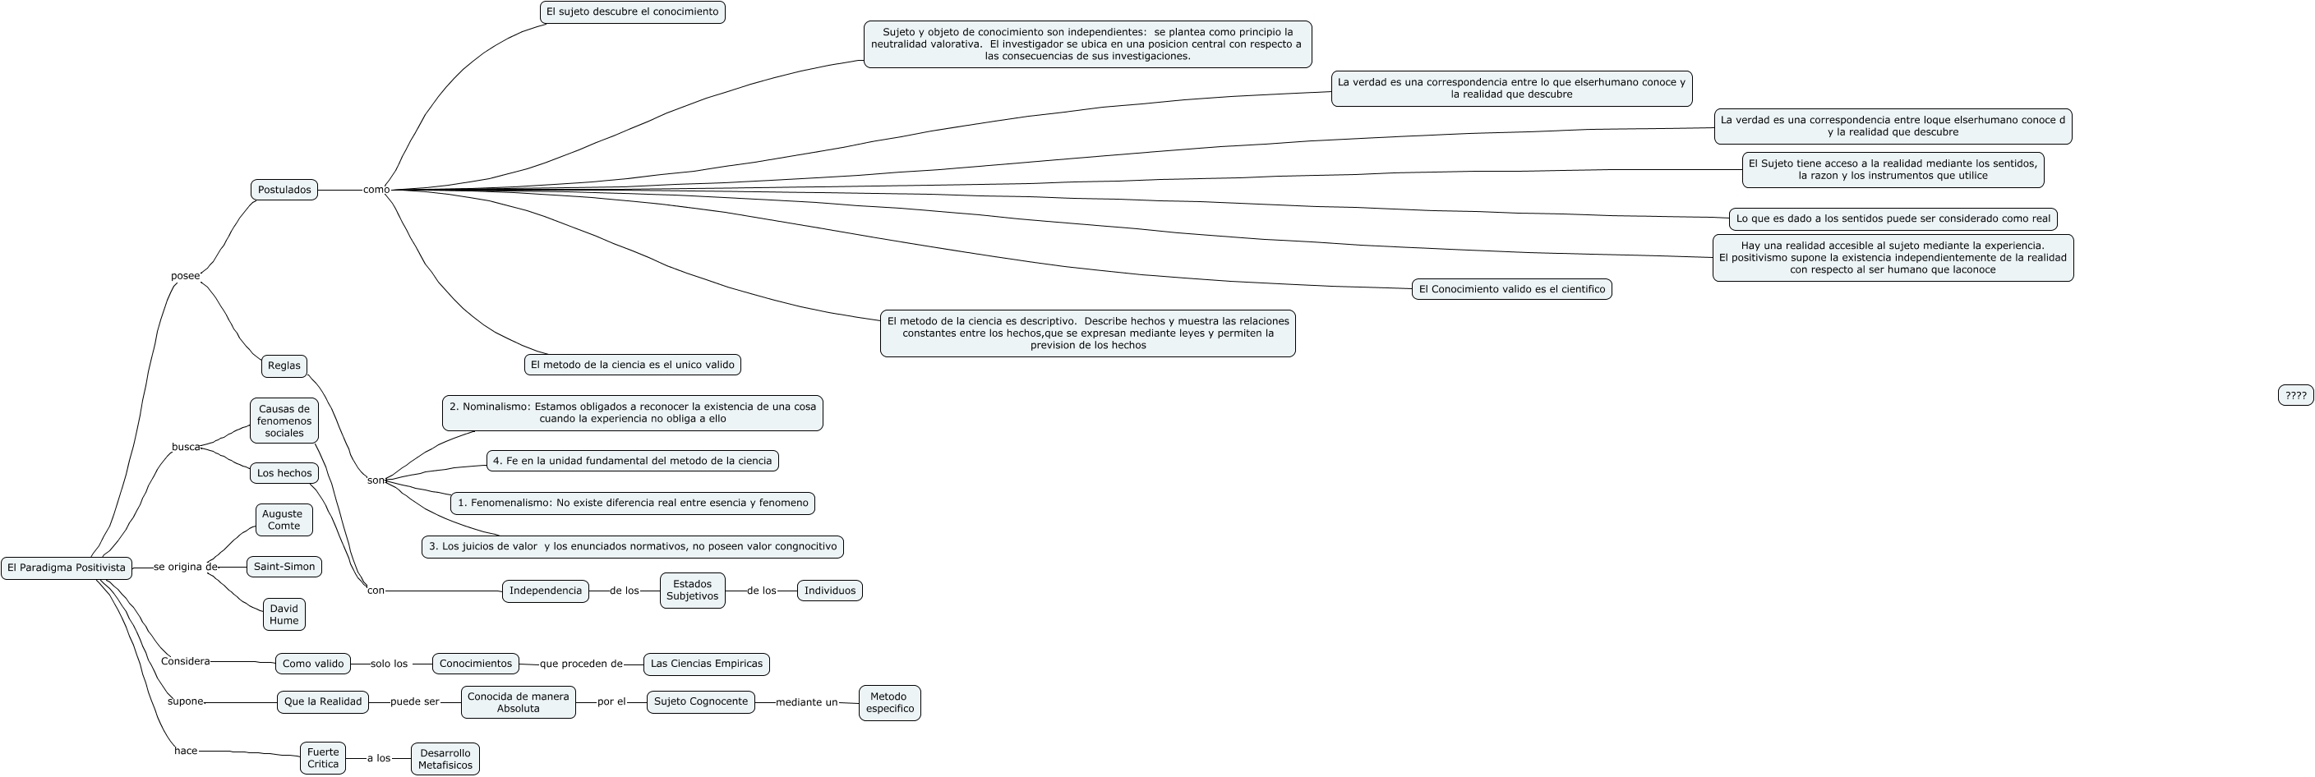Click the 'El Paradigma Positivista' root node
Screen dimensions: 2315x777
pos(67,568)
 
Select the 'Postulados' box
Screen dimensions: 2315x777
pos(284,190)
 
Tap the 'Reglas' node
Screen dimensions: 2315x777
pos(284,366)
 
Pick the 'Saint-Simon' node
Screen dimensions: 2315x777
pos(284,567)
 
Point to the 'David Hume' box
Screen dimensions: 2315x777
pos(284,614)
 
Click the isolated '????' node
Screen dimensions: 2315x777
pos(2295,395)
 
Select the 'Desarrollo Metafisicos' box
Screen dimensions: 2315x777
pos(445,759)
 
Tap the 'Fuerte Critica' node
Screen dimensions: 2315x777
pos(323,758)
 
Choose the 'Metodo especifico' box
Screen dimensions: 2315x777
pos(889,702)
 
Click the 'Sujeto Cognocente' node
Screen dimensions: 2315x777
pos(700,701)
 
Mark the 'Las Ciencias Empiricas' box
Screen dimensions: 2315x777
pos(707,664)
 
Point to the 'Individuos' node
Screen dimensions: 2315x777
pos(829,591)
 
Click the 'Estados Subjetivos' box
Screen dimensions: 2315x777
pos(692,591)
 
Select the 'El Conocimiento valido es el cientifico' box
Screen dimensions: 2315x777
pos(1511,289)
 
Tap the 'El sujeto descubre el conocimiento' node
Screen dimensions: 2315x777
pos(633,11)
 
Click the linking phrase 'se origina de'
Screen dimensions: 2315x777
pos(185,567)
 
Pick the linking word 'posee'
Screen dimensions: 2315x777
pos(185,276)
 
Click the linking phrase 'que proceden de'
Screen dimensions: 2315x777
pos(580,664)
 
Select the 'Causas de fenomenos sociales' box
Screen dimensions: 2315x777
pos(284,421)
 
